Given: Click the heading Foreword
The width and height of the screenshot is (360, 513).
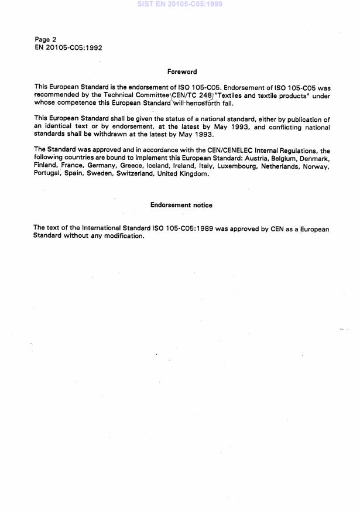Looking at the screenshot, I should pyautogui.click(x=182, y=71).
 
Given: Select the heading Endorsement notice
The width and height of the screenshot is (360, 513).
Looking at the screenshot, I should pyautogui.click(x=181, y=205).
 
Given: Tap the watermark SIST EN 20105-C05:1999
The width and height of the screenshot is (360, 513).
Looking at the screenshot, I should pyautogui.click(x=180, y=4).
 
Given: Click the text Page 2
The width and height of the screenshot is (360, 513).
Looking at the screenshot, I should pyautogui.click(x=45, y=40).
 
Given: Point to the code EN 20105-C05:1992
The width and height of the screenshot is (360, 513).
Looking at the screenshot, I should pyautogui.click(x=68, y=48).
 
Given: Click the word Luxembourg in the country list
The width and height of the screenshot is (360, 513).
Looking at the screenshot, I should pyautogui.click(x=242, y=166).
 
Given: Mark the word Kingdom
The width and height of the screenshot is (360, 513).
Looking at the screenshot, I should pyautogui.click(x=194, y=174).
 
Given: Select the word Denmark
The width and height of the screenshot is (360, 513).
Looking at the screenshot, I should pyautogui.click(x=314, y=158).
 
